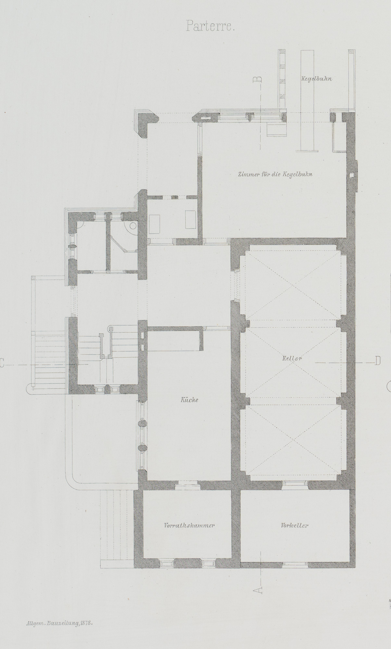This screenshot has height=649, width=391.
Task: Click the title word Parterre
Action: [x=210, y=26]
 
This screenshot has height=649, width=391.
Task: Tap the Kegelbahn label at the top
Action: [x=317, y=79]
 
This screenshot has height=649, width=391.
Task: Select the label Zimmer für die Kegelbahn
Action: [x=275, y=174]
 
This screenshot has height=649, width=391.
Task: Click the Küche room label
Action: [x=189, y=400]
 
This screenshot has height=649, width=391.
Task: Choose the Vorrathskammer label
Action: [x=189, y=525]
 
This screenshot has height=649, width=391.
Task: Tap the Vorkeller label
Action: [x=295, y=525]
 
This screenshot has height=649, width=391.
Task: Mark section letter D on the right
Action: [x=377, y=361]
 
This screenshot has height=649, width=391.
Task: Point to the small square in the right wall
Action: [x=352, y=176]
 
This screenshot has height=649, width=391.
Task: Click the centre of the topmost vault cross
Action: [x=293, y=285]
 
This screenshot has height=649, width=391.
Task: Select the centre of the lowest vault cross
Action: [x=293, y=444]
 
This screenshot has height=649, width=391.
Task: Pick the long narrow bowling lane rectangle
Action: [x=307, y=101]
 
